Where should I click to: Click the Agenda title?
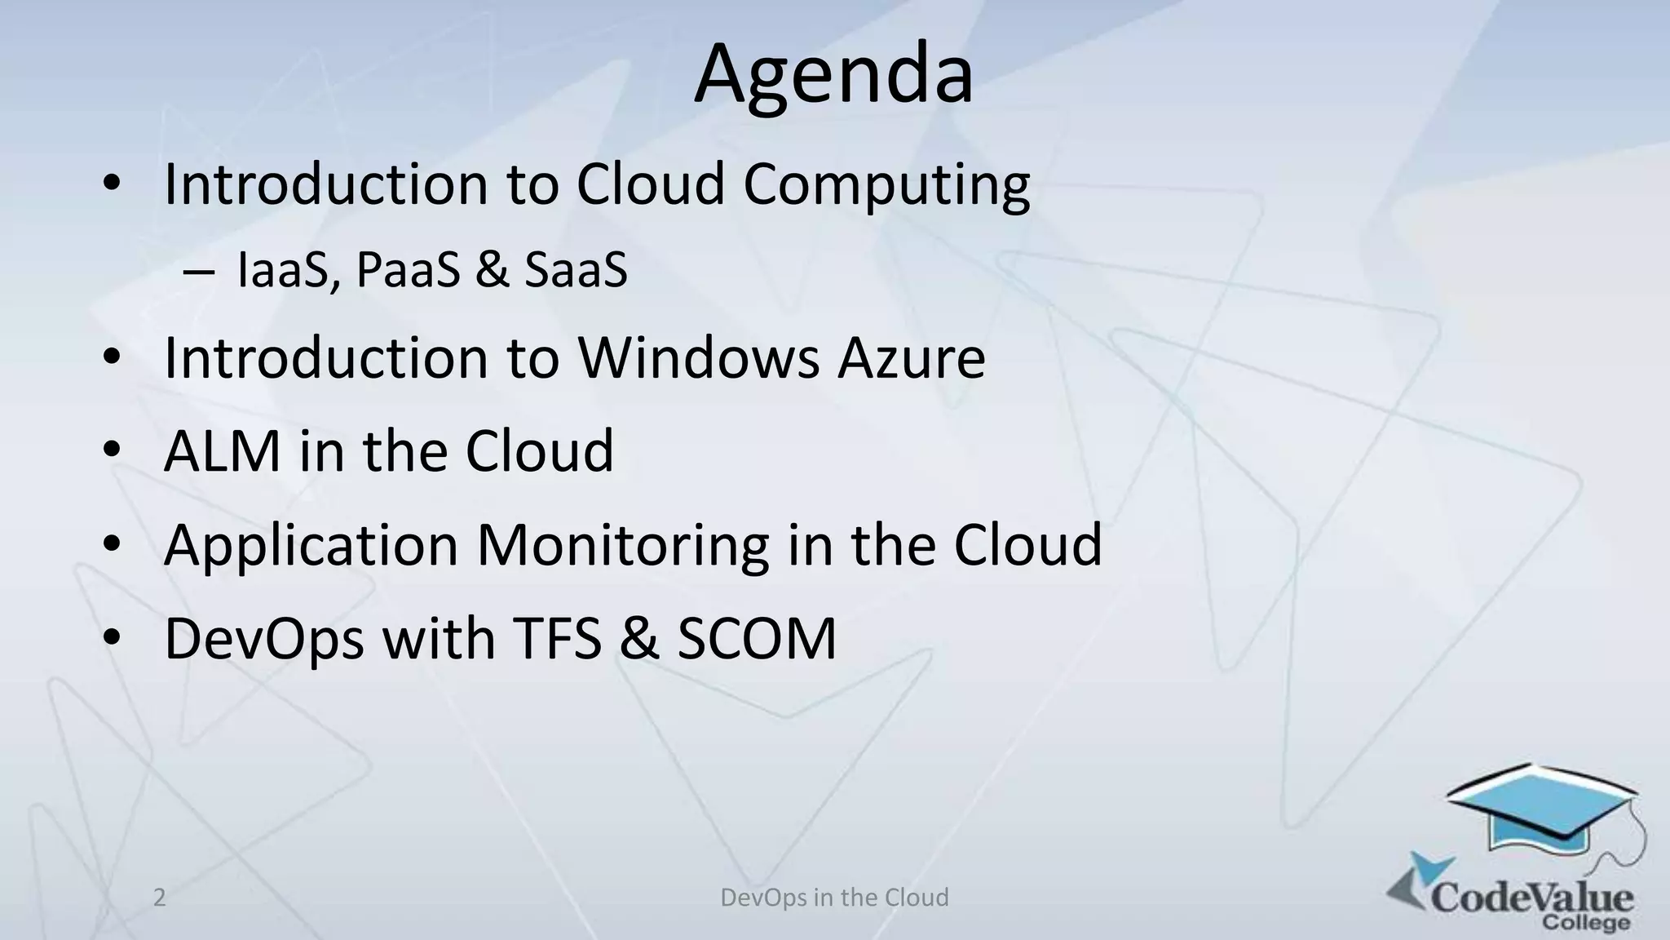tap(833, 76)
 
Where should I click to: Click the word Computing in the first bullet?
tap(886, 185)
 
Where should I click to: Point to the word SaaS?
tap(576, 270)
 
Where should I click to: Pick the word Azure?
tap(912, 359)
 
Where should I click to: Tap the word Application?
tap(311, 546)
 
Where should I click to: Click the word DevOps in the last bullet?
tap(264, 638)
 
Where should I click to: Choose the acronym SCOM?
tap(757, 638)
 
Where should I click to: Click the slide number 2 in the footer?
tap(160, 898)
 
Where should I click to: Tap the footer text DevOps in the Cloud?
tap(834, 898)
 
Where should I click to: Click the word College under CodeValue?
tap(1586, 924)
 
